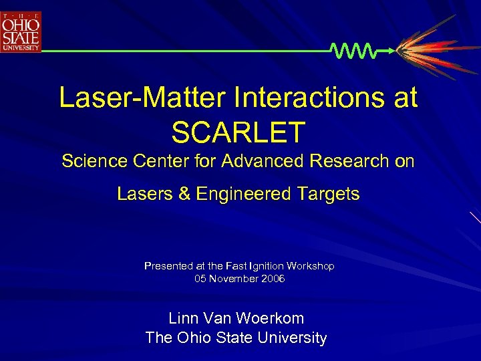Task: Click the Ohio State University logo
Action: click(21, 31)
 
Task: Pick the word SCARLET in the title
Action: click(238, 132)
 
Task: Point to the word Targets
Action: click(327, 195)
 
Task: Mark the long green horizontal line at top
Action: click(187, 51)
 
